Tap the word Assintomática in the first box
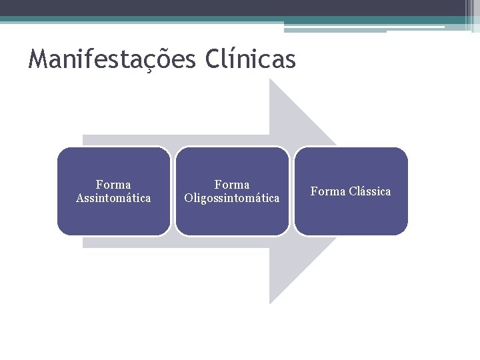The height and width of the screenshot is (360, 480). click(x=113, y=198)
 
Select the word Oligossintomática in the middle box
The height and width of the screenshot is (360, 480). click(x=232, y=198)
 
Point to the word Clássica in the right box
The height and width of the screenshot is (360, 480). click(x=369, y=191)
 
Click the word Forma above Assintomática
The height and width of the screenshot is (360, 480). click(x=113, y=185)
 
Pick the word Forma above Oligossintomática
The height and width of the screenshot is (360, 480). click(x=232, y=185)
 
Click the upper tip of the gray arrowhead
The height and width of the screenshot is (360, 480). click(x=270, y=81)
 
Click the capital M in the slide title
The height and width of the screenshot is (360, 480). click(x=38, y=60)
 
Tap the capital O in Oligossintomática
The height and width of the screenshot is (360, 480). click(x=188, y=198)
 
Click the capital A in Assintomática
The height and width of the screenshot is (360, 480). click(x=80, y=198)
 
